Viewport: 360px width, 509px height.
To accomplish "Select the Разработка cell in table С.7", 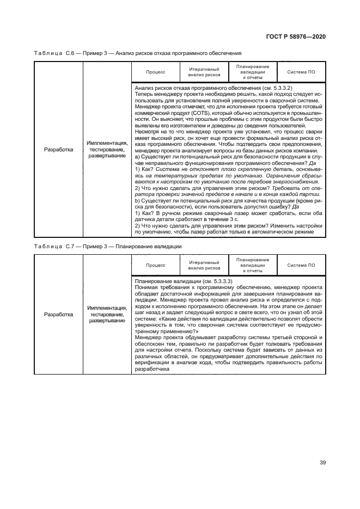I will click(58, 315).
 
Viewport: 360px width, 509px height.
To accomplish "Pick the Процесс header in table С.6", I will click(155, 72).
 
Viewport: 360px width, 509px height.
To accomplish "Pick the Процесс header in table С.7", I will click(155, 265).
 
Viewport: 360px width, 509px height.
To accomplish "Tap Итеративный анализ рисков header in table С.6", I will click(204, 72).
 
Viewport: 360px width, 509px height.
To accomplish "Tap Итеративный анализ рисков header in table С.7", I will click(204, 265).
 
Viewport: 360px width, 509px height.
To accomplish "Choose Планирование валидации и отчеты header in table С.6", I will click(253, 72).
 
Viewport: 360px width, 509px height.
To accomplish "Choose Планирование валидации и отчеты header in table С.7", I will click(253, 265).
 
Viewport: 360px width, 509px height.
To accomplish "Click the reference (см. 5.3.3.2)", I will click(274, 88).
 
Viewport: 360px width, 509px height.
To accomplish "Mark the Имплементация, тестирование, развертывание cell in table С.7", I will click(106, 315).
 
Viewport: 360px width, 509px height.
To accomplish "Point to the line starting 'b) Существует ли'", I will click(228, 207).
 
